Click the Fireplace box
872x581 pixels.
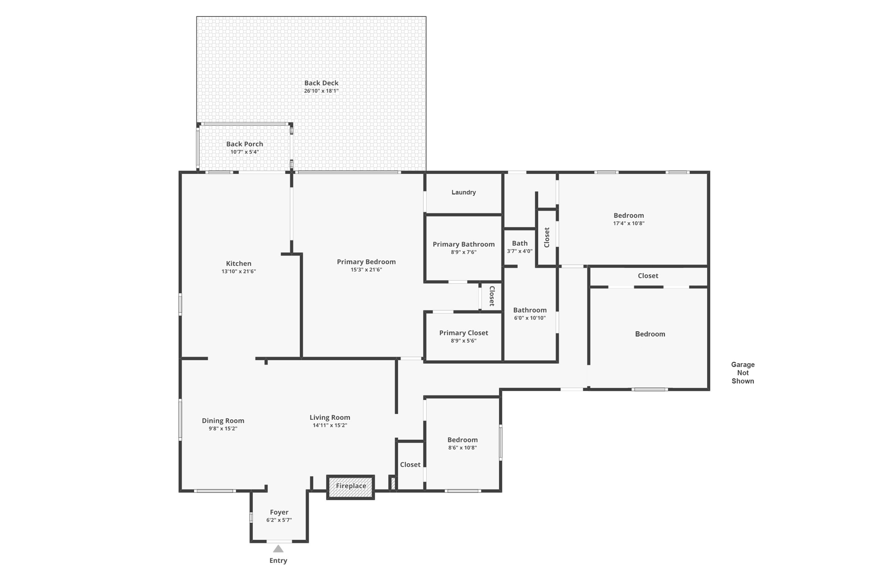click(350, 487)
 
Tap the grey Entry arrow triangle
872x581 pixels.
click(278, 549)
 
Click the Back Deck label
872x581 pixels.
click(321, 83)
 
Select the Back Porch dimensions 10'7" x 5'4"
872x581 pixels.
click(244, 152)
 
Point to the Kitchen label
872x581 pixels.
click(238, 264)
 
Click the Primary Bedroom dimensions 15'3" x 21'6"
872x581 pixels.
click(366, 270)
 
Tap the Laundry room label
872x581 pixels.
click(463, 192)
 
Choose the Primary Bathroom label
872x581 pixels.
click(463, 244)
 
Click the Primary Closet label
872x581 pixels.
click(463, 333)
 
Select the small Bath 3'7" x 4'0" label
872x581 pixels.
click(519, 247)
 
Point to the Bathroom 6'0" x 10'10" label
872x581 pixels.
click(530, 313)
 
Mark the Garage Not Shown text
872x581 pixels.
click(743, 373)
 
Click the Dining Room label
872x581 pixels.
click(223, 421)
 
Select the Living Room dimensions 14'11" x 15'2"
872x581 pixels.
click(330, 425)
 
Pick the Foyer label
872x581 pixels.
click(279, 513)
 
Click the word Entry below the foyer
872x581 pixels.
click(278, 561)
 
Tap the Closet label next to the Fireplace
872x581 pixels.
click(410, 465)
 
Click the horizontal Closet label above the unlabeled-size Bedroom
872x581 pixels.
click(648, 276)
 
